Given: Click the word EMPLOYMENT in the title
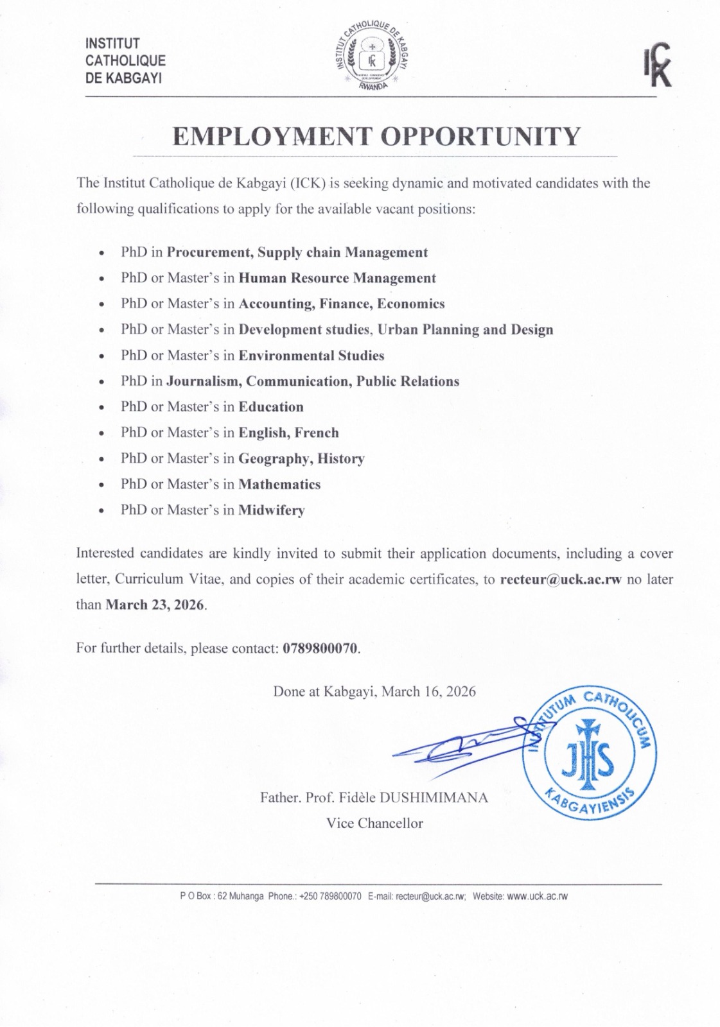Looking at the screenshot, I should (272, 136).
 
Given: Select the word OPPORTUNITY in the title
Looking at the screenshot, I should (481, 136).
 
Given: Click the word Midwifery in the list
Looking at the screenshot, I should (271, 510).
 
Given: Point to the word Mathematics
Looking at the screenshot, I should (279, 484).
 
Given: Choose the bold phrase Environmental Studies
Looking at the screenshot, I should (312, 356).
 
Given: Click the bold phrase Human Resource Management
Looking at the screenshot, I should (337, 278).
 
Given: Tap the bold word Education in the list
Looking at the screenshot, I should (271, 407).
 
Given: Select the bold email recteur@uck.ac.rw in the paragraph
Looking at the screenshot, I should (561, 579).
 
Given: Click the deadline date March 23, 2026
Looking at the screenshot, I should (155, 605).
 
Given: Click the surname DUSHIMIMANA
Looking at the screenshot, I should (434, 798).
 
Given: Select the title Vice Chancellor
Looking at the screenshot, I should (374, 823).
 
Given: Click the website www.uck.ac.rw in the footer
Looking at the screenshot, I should (538, 896).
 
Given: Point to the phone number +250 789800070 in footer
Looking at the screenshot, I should (331, 896).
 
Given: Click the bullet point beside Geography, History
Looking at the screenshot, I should (102, 460).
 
